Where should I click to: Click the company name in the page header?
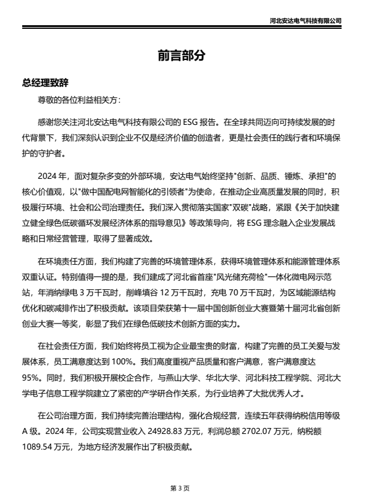306,20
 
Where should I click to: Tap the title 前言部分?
182,55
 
